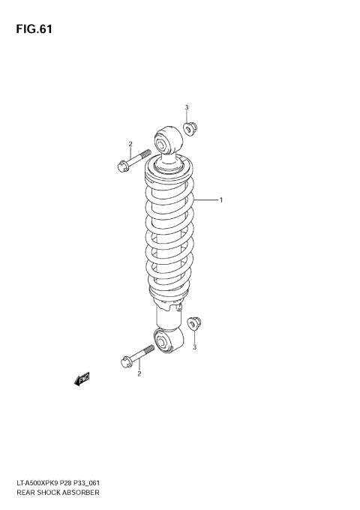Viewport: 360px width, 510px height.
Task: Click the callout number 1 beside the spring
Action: click(221, 199)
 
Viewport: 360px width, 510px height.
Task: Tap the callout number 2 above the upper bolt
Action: click(130, 144)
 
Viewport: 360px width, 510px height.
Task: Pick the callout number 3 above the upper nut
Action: click(187, 107)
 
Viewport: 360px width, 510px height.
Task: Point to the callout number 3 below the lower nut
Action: click(194, 347)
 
